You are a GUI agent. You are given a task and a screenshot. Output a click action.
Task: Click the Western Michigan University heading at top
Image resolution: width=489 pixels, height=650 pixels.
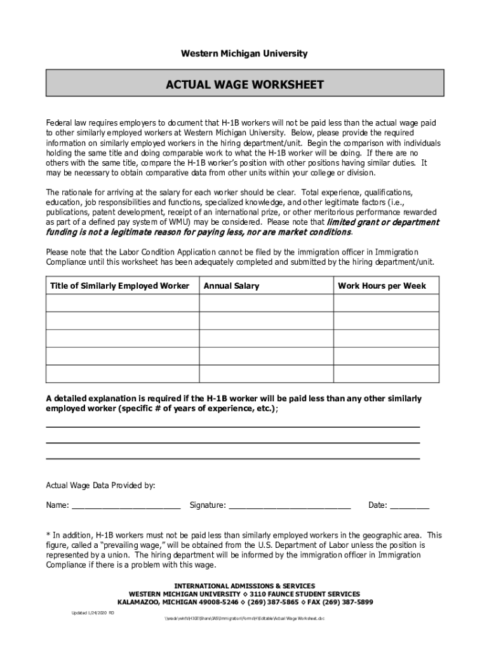245,54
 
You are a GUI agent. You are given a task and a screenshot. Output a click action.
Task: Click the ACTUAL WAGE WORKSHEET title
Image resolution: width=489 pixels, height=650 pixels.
245,85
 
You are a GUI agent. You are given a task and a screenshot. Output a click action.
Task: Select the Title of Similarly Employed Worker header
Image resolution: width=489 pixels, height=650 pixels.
119,286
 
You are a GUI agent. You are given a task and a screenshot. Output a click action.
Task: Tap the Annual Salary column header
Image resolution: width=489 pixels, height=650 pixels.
231,286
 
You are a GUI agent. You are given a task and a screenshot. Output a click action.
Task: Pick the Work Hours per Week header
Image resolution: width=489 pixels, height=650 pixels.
382,286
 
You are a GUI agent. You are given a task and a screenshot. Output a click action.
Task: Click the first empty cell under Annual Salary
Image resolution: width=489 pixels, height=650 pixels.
267,303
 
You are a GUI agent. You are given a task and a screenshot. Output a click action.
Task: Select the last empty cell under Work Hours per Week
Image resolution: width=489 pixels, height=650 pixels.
386,374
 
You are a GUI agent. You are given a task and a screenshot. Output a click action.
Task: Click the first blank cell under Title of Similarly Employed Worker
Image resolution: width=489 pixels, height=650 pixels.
123,303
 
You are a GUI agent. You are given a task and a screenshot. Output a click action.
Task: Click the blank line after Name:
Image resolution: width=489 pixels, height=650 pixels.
126,506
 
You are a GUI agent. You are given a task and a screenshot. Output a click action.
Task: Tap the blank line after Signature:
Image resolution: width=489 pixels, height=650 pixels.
290,506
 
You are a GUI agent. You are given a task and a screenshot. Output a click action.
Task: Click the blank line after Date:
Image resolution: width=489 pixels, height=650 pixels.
410,506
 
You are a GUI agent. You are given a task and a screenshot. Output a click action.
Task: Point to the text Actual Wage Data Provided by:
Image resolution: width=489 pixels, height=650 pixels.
100,486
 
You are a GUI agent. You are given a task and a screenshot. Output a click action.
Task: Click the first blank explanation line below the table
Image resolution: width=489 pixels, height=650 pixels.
232,425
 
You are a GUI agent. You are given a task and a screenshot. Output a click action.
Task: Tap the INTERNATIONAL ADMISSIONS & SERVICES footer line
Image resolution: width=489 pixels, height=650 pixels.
245,586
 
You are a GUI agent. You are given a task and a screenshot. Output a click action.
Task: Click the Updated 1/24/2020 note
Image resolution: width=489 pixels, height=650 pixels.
92,613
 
